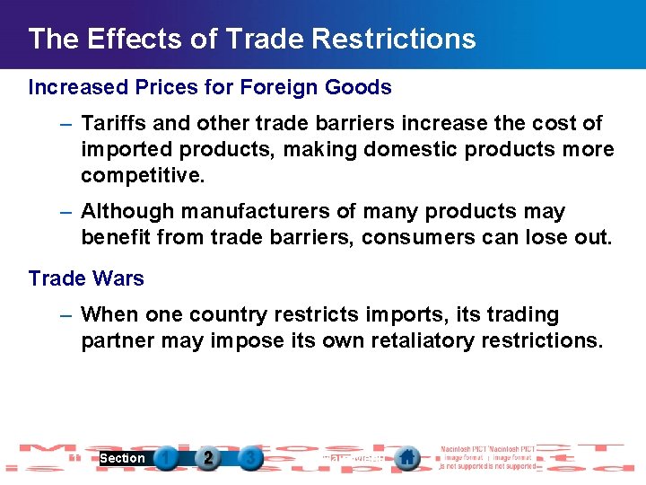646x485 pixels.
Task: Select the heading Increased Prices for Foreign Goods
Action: [210, 87]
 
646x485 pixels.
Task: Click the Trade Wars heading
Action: [86, 278]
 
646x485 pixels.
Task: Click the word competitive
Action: [143, 175]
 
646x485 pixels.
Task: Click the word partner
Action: [117, 341]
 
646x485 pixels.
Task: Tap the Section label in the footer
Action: [122, 458]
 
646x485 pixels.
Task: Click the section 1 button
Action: [165, 458]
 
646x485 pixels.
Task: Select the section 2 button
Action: [208, 458]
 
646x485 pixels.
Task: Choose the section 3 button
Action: [251, 458]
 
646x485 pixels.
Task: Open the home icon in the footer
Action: [407, 458]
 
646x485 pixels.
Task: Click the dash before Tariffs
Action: [66, 123]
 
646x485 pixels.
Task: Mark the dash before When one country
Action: [66, 315]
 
